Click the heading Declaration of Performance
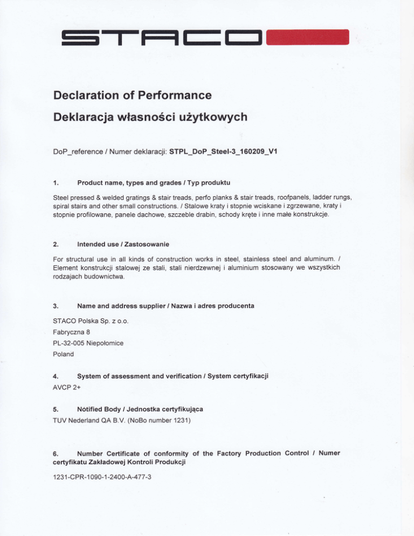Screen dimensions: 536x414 (132, 97)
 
